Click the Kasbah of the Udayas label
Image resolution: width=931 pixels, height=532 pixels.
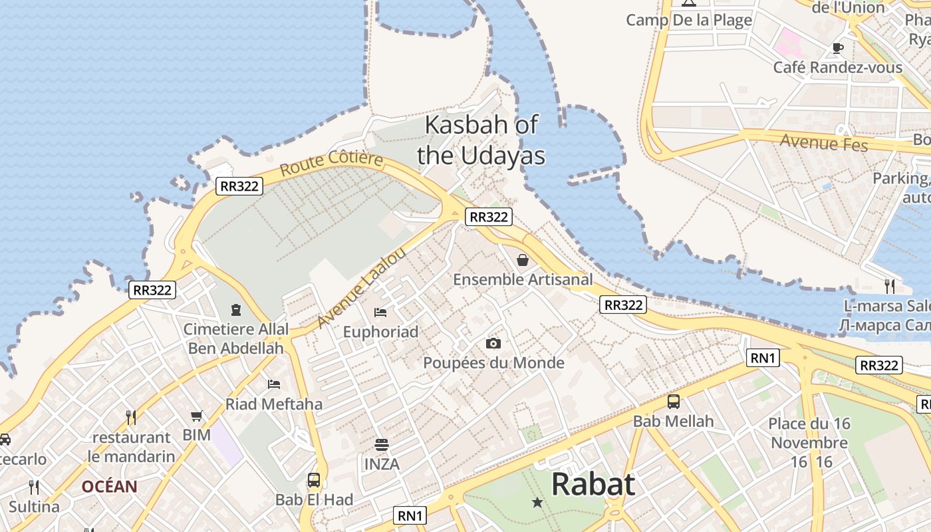point(481,140)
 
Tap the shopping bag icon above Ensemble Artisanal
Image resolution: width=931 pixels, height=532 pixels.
point(523,260)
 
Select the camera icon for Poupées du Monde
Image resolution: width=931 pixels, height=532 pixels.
point(493,343)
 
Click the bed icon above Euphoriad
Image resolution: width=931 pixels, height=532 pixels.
point(380,312)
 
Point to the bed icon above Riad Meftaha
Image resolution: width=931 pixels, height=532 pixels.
point(274,384)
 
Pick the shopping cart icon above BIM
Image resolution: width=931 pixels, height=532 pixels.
point(196,416)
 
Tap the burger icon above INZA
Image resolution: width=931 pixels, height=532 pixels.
point(382,444)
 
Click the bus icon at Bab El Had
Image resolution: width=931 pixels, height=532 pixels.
point(314,479)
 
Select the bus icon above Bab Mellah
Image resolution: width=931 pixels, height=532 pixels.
point(674,402)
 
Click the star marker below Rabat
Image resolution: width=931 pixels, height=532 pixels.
point(537,503)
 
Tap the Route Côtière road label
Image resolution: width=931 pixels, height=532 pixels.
point(332,164)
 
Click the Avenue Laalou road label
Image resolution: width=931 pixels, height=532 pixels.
point(361,288)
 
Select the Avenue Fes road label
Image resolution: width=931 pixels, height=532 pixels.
point(824,142)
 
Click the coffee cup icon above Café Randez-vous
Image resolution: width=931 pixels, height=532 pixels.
point(838,48)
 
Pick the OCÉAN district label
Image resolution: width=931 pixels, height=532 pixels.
point(109,487)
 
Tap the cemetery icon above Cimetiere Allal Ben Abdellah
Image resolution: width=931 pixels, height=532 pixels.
point(235,310)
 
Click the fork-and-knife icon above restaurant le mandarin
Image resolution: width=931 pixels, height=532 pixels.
point(131,418)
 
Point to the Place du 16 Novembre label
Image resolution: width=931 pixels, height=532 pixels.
point(808,442)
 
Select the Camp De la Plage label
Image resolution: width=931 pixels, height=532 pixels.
point(689,20)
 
